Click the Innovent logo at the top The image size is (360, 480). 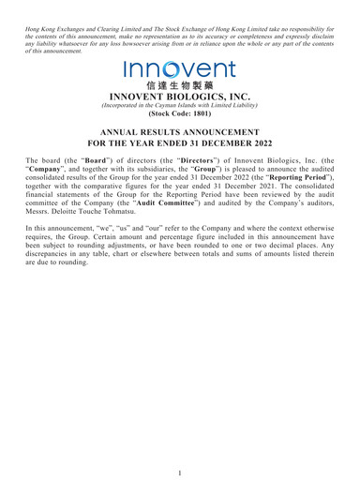coord(179,68)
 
